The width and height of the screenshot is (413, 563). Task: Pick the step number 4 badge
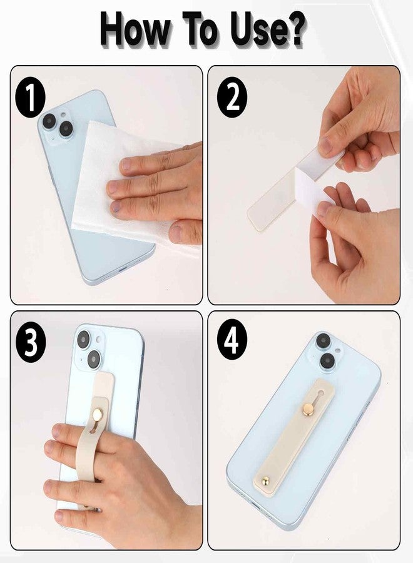[x=232, y=343]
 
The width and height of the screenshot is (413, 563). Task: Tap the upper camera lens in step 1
[x=49, y=121]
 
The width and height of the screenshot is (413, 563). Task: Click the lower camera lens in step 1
[x=66, y=129]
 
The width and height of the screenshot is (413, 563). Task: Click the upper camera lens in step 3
[x=83, y=340]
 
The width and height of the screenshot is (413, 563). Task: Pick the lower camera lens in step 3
[x=93, y=359]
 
